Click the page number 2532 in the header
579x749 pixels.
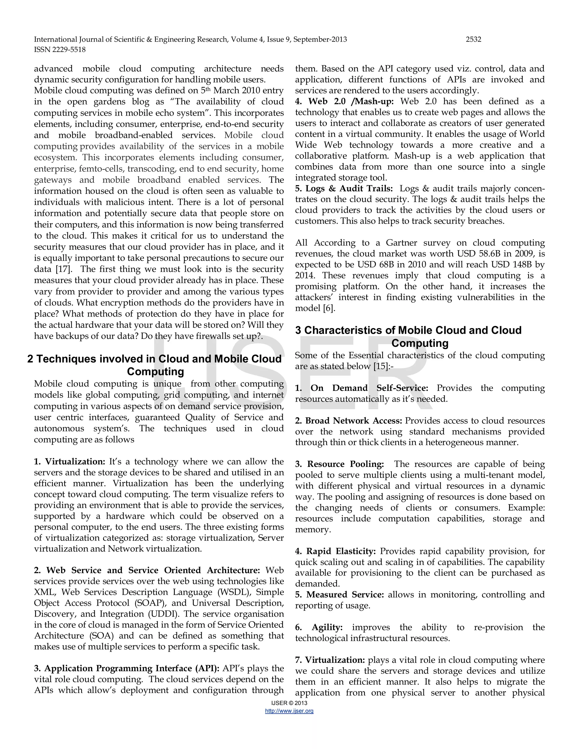point(473,40)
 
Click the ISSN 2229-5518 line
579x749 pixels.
point(60,50)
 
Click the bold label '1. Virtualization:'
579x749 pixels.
point(70,462)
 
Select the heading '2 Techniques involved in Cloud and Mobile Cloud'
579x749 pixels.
point(154,359)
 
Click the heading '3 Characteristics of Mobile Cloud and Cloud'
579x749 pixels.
point(408,330)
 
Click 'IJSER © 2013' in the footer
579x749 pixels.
point(289,703)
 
